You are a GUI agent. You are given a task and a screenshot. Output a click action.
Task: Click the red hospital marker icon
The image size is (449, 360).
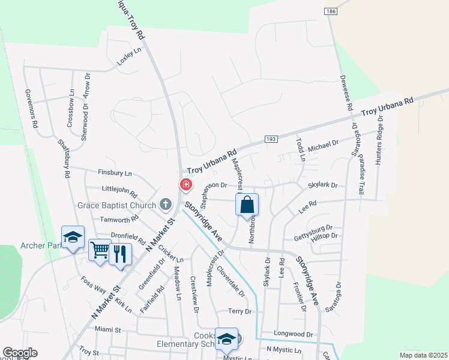coord(187,184)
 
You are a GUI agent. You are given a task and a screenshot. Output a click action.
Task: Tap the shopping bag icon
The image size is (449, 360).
coord(247,205)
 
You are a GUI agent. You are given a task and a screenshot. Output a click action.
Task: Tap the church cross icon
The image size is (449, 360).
coord(166,205)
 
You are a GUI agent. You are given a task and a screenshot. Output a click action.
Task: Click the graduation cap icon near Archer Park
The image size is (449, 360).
coord(73,238)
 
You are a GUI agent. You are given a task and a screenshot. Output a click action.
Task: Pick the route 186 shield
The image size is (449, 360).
coord(331,11)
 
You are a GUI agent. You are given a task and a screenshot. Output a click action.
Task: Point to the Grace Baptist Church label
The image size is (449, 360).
coord(116,205)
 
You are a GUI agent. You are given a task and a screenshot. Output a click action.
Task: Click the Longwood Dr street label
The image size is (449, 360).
coord(294,334)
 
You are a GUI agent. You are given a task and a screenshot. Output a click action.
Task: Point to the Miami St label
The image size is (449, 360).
coord(108,329)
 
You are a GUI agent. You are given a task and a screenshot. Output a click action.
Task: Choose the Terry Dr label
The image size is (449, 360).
coord(240,311)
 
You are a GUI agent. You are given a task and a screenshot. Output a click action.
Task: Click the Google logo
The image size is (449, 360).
coord(20,353)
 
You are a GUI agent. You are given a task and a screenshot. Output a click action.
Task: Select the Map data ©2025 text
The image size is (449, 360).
coord(423,355)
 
